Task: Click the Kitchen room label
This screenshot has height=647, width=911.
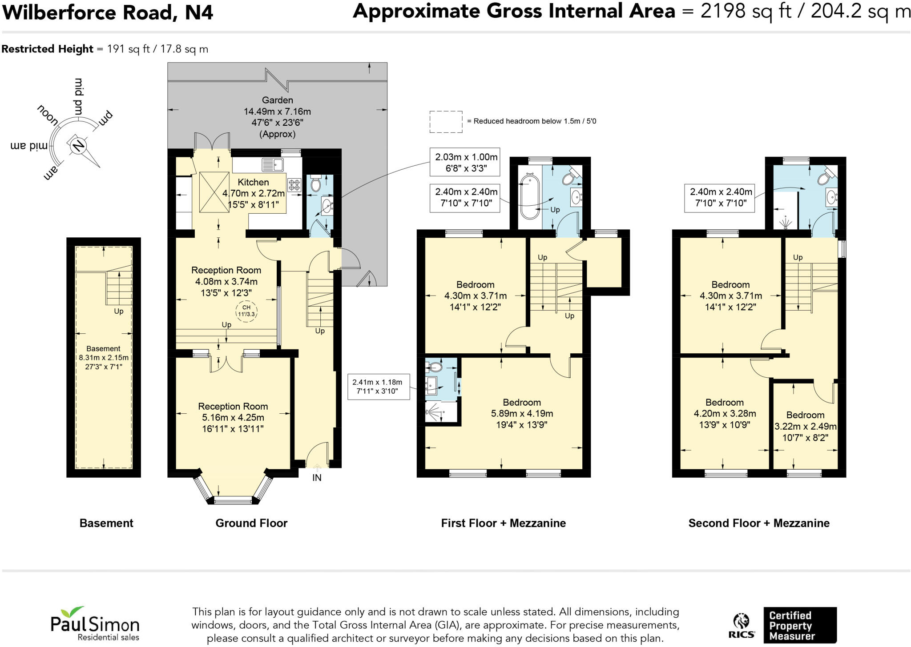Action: coord(253,182)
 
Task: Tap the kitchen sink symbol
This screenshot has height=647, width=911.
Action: coord(273,165)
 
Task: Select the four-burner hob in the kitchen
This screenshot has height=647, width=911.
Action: coord(294,185)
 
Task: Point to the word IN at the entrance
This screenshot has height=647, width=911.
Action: coord(317,478)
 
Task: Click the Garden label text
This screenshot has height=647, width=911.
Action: coord(277,100)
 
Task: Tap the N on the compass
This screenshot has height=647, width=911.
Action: coord(78,145)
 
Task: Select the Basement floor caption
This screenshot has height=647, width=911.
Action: coord(106,523)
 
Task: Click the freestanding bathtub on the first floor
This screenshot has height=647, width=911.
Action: coord(529,197)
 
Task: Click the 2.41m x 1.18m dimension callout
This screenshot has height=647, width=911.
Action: coord(378,387)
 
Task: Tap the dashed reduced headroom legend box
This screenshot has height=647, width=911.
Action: coord(446,122)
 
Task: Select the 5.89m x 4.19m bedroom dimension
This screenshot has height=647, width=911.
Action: coord(522,413)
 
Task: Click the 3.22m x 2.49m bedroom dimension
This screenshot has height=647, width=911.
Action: coord(806,426)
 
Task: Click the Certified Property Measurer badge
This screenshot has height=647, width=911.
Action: coord(800,625)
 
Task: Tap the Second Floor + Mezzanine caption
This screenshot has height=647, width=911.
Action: coord(759,523)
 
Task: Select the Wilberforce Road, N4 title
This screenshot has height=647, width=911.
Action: coord(108,12)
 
